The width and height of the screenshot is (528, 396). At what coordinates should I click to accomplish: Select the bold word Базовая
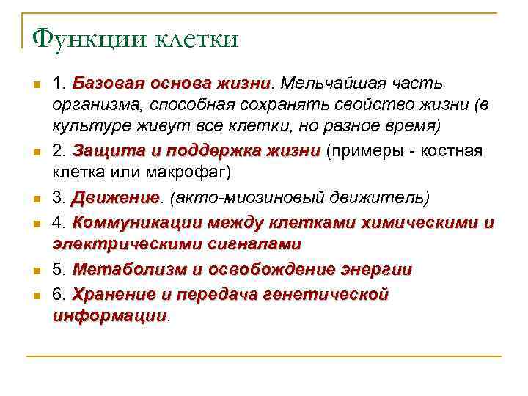click(107, 84)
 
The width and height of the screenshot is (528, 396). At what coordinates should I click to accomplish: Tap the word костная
click(451, 151)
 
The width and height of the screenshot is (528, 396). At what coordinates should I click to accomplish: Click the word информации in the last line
click(110, 316)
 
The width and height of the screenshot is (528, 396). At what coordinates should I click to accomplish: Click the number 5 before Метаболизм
click(58, 269)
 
